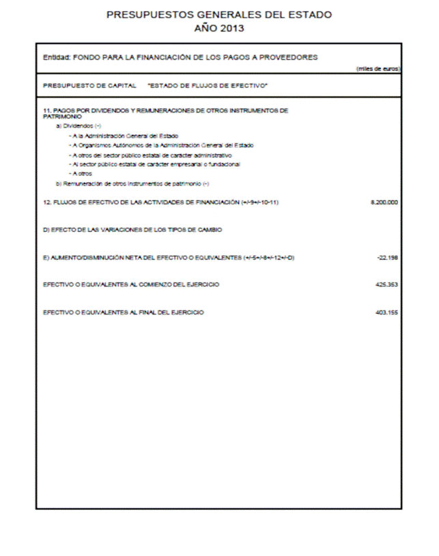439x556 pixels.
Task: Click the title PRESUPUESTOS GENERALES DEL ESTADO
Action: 219,14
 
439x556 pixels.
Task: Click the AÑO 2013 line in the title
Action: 219,28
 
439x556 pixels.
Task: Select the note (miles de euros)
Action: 378,69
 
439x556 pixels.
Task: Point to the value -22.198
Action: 387,257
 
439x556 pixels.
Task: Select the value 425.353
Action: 386,284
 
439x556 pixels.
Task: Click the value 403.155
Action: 386,312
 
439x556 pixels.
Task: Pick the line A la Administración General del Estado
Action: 123,136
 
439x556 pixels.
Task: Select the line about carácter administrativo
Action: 150,155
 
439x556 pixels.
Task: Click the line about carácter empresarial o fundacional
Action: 154,164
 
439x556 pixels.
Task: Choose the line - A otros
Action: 81,174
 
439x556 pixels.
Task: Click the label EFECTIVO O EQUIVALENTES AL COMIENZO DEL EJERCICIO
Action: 131,284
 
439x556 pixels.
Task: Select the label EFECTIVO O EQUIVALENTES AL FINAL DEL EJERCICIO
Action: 123,312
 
